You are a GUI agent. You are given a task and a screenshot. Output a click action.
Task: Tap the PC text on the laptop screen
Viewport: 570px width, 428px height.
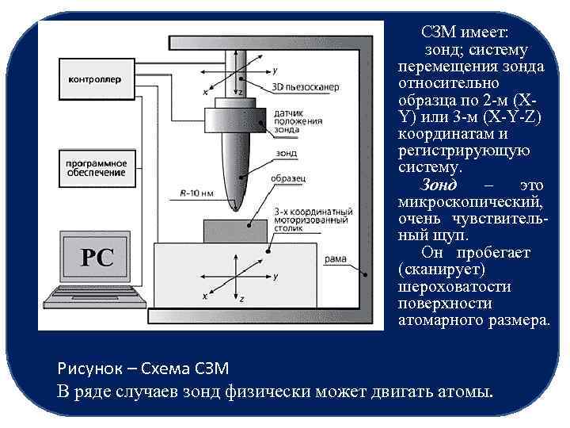click(98, 258)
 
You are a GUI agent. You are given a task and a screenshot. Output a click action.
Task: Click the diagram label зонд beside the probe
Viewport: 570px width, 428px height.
click(287, 154)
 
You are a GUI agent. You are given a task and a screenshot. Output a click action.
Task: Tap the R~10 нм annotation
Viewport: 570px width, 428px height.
click(196, 193)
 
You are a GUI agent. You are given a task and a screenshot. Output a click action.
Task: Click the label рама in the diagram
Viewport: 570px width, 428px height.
click(335, 259)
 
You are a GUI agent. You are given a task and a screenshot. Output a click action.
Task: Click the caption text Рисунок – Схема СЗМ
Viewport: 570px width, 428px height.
click(142, 369)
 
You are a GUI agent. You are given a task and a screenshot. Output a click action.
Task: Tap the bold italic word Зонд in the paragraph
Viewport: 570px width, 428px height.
click(439, 185)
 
